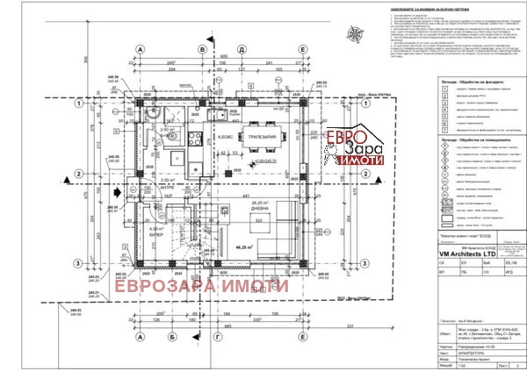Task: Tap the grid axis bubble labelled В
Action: click(x=203, y=51)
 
